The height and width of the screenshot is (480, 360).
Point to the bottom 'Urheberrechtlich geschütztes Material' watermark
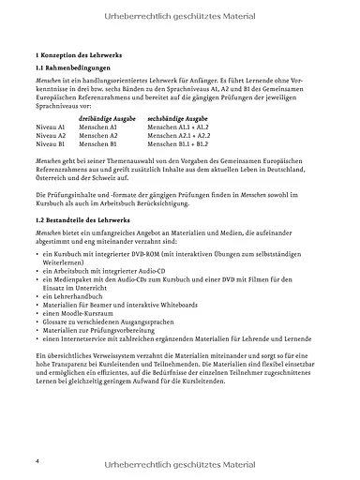click(180, 464)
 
